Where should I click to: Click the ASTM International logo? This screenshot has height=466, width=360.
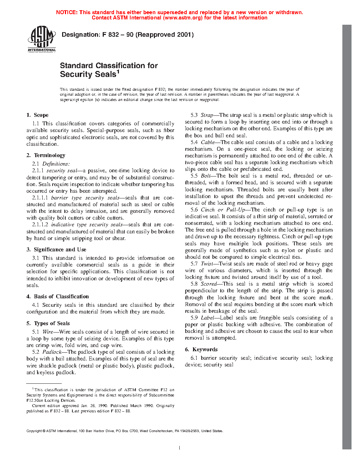coord(42,38)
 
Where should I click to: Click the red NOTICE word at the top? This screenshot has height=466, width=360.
coord(67,12)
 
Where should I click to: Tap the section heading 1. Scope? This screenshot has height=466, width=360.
coord(37,115)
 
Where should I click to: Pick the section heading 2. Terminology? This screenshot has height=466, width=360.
coord(46,155)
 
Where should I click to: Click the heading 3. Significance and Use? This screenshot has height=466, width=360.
coord(56,250)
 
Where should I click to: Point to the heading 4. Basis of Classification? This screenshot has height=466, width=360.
coord(58,297)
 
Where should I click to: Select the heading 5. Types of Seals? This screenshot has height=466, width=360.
coord(48,323)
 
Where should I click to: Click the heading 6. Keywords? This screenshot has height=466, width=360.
coord(201,349)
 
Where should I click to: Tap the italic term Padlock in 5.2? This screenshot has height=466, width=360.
coord(52,352)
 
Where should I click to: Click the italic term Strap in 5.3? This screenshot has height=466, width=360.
coord(207,115)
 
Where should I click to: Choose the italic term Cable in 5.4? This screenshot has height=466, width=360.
coord(208,142)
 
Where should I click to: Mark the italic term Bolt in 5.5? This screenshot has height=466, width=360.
coord(205,176)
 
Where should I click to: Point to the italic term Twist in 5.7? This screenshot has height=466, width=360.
coord(207,264)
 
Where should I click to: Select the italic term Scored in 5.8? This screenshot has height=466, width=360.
coord(209,284)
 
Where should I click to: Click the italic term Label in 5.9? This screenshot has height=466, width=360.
coord(208,318)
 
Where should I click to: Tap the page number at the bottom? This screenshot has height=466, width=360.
coord(180,448)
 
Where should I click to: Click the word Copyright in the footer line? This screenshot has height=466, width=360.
coord(34,431)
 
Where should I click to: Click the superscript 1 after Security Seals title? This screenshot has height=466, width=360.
coord(118,72)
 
